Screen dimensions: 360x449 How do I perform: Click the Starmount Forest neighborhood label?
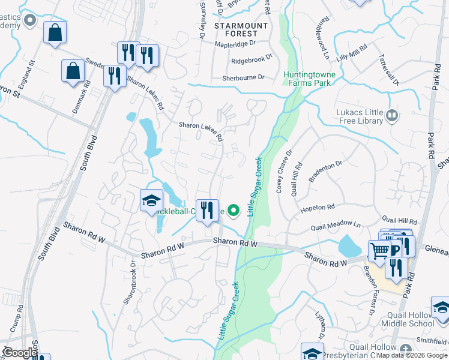241,29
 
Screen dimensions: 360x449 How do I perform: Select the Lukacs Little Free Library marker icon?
393,114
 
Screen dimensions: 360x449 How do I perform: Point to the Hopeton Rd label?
318,208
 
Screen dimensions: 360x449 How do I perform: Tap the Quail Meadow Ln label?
336,227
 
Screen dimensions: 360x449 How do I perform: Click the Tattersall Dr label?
388,69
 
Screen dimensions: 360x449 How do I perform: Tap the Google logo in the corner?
20,353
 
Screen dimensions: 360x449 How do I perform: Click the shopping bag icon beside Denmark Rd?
73,70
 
